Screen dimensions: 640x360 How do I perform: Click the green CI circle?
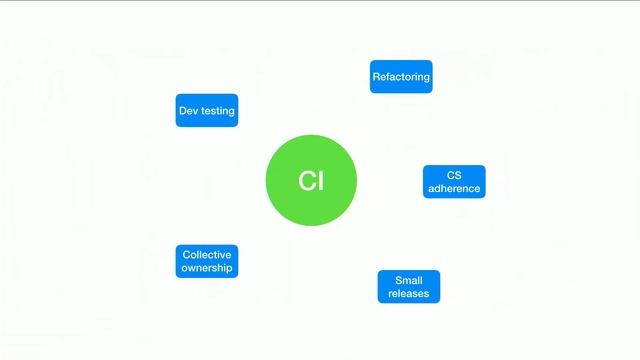click(311, 180)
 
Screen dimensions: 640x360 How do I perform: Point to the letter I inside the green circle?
click(321, 181)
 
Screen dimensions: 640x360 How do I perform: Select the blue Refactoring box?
click(401, 77)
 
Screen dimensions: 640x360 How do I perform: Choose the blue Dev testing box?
click(207, 110)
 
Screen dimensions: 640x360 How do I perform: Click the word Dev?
click(188, 110)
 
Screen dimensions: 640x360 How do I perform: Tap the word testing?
click(218, 111)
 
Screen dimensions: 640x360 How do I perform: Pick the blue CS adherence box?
click(454, 181)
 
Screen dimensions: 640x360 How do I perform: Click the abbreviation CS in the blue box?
click(454, 174)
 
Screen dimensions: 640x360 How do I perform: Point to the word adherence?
click(454, 188)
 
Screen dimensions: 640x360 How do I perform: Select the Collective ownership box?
click(207, 261)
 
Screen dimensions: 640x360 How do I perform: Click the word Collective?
click(207, 254)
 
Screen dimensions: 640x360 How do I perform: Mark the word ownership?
click(207, 268)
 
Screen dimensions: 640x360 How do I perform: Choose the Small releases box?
click(409, 287)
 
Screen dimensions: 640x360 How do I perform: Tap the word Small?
click(409, 280)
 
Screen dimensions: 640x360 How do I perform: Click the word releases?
click(409, 294)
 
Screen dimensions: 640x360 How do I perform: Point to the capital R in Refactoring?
click(376, 77)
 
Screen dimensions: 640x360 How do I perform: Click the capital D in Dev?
click(182, 110)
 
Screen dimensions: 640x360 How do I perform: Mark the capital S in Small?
click(398, 280)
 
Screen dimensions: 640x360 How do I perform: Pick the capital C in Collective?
click(186, 254)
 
